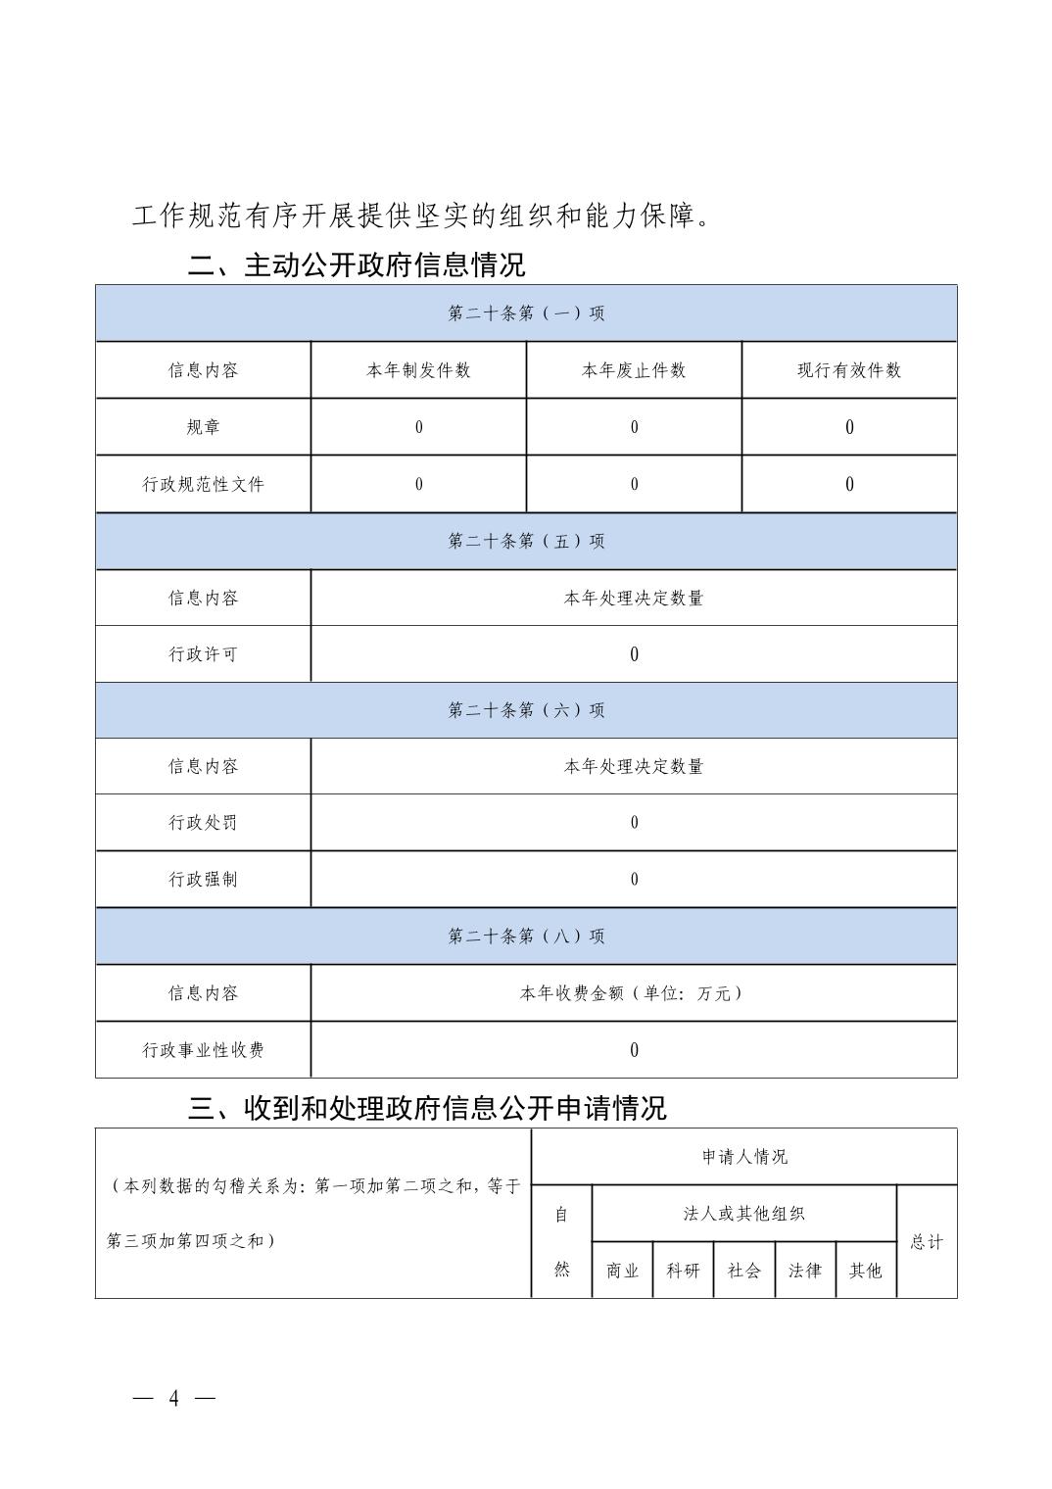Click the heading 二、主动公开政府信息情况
[357, 264]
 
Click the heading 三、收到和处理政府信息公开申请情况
[427, 1108]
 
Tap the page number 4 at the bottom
[174, 1397]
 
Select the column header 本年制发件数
[418, 370]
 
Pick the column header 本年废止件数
[634, 370]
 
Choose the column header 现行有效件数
[849, 370]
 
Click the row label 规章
[203, 427]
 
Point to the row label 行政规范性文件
[203, 484]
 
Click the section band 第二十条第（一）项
[526, 313]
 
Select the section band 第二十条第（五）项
[526, 541]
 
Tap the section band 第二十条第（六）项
[526, 710]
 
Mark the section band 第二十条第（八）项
[526, 937]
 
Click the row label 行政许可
[203, 654]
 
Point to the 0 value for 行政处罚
[634, 823]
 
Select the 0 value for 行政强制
[634, 880]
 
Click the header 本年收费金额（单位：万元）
[634, 993]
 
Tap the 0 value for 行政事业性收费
[634, 1050]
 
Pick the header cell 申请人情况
[744, 1157]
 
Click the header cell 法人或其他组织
[744, 1214]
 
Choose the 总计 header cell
[927, 1242]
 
